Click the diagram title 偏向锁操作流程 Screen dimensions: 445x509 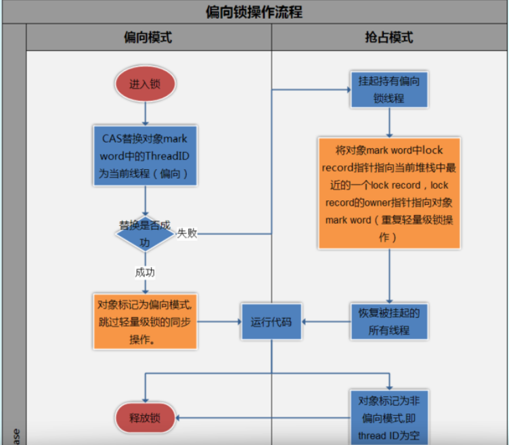(x=254, y=12)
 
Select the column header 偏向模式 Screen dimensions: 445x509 (x=148, y=37)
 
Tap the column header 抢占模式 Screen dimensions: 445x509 (x=389, y=37)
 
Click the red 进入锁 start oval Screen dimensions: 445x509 (x=144, y=85)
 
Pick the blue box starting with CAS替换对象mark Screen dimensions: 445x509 (x=144, y=156)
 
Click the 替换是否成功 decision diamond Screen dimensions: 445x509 (x=144, y=234)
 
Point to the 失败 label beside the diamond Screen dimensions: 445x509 (x=187, y=233)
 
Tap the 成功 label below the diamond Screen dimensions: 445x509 (x=145, y=272)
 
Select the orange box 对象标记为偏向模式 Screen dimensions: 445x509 (x=145, y=321)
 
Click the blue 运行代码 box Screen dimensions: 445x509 (x=271, y=322)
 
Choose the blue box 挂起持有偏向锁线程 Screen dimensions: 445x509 (x=389, y=89)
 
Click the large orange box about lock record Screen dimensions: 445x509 (x=389, y=193)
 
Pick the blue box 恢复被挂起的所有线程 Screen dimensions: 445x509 (x=389, y=322)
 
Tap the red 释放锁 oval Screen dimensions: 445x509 (x=144, y=417)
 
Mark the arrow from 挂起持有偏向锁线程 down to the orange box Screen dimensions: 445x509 (x=389, y=123)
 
